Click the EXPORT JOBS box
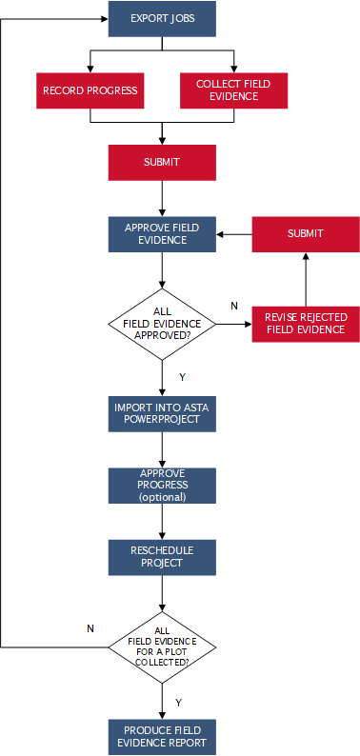coord(162,18)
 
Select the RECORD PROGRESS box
coord(90,90)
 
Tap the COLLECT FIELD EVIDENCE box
coord(233,90)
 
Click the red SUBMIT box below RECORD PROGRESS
coord(162,162)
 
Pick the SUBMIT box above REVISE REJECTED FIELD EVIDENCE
coord(305,234)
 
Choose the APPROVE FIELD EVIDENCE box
coord(162,234)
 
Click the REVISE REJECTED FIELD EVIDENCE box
coord(305,324)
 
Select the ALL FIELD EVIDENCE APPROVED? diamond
coord(162,324)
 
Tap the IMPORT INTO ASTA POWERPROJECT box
coord(162,413)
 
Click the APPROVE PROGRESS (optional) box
coord(162,485)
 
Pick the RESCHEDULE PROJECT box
coord(162,556)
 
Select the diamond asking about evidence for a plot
coord(162,647)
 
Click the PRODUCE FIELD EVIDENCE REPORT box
coord(162,736)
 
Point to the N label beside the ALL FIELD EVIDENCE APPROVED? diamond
coord(234,306)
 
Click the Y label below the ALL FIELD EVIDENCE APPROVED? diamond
coord(182,377)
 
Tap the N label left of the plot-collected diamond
coord(90,628)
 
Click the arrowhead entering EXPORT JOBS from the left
coord(103,19)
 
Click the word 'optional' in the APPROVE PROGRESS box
coord(163,496)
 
